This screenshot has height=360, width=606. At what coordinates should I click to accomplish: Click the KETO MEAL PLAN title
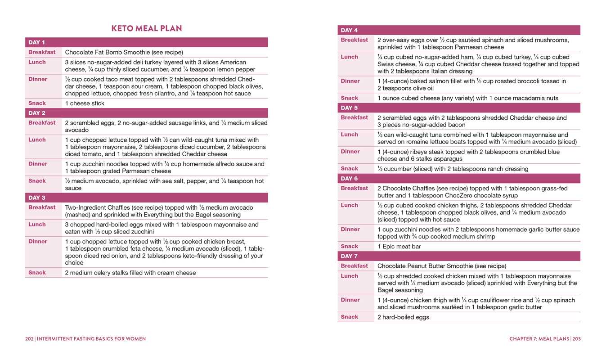(x=147, y=28)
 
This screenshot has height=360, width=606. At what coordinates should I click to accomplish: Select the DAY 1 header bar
(x=146, y=42)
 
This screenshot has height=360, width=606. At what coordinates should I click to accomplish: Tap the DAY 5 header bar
(x=459, y=108)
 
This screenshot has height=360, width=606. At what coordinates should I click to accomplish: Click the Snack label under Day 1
(x=37, y=103)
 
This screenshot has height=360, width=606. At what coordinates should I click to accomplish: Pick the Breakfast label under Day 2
(x=42, y=122)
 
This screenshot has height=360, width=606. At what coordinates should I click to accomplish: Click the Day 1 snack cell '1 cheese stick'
(x=85, y=103)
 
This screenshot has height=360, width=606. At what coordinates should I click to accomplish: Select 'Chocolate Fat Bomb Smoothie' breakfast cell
(x=124, y=52)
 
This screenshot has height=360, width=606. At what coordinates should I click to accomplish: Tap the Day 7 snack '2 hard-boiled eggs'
(x=403, y=317)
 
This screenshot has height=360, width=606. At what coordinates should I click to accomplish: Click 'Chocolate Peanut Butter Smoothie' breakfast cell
(x=441, y=266)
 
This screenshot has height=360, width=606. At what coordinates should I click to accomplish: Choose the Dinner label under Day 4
(x=350, y=81)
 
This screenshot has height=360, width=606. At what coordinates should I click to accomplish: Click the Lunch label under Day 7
(x=350, y=276)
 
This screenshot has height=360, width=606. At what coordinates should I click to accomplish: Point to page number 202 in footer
(x=29, y=339)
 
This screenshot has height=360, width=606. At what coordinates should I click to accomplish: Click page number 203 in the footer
(x=576, y=339)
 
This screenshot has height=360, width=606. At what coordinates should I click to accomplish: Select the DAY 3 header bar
(x=146, y=198)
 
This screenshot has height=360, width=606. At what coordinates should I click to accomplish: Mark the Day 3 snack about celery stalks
(x=130, y=273)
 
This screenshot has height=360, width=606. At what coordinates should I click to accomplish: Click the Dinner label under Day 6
(x=350, y=229)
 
